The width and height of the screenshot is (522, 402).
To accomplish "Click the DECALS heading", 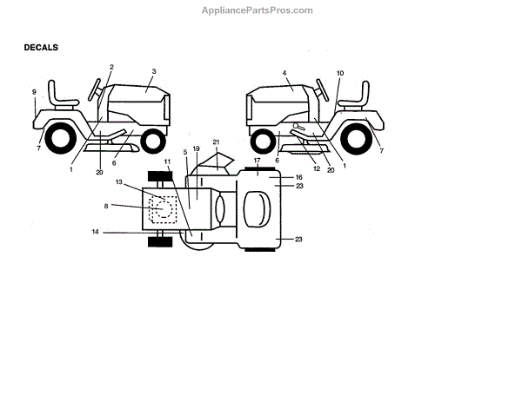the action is click(41, 49).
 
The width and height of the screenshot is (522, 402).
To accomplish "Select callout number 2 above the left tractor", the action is click(111, 67).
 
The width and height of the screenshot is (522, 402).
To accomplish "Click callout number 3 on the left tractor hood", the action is click(153, 71).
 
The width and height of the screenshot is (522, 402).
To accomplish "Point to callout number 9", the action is click(34, 91).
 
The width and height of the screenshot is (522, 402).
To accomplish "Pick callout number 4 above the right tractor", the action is click(284, 73).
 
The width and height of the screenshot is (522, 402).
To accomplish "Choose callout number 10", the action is click(339, 73).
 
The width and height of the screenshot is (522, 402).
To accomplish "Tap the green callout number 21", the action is click(216, 142).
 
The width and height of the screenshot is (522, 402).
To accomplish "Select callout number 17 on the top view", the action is click(258, 161).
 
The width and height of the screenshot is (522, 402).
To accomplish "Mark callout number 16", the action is click(298, 176).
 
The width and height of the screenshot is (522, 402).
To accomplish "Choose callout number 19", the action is click(196, 148).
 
